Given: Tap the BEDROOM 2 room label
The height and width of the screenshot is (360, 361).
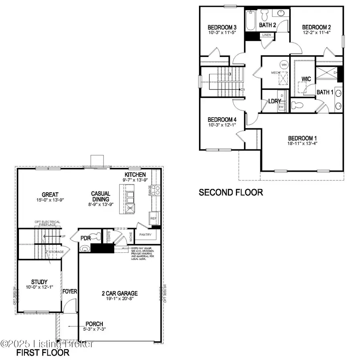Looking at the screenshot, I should pos(316,27).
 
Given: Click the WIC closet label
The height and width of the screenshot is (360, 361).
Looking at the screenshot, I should pos(306,79).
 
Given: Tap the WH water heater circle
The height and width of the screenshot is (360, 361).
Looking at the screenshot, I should pos(284,65).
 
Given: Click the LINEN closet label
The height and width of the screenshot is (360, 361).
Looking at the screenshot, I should pos(266,35).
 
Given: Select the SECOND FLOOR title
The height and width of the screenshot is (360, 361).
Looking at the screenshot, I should pos(231,193).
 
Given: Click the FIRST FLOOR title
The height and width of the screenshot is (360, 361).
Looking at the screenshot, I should pos(43,353).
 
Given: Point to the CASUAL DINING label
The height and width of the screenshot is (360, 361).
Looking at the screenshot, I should pos(101,195).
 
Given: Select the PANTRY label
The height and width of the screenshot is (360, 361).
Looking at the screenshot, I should pos(145,234).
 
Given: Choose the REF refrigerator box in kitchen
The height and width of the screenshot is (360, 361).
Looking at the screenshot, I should pos(153,219).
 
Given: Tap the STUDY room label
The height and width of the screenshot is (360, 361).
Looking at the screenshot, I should pos(39,282).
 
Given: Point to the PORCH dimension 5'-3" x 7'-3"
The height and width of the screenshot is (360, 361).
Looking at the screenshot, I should pos(94,329).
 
